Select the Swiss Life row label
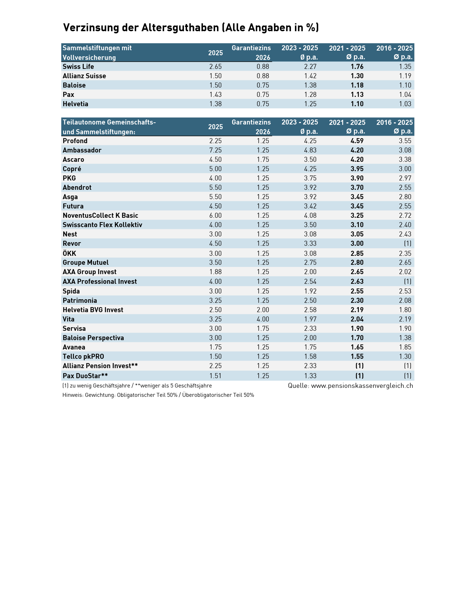click(x=78, y=66)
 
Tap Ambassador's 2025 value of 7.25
click(x=216, y=150)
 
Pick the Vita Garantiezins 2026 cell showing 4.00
click(x=263, y=319)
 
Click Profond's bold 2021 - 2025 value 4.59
click(x=357, y=141)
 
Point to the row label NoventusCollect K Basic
click(x=100, y=216)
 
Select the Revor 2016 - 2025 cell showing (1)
click(x=408, y=243)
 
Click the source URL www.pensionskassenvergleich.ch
click(x=362, y=385)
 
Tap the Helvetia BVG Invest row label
click(x=93, y=310)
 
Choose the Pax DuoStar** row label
click(x=85, y=376)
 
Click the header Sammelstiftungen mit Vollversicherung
click(x=97, y=53)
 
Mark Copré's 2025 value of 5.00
click(x=216, y=169)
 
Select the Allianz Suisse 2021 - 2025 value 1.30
click(x=357, y=76)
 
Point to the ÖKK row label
click(x=69, y=253)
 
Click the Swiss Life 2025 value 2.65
click(x=216, y=66)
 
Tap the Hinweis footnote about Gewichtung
click(x=158, y=395)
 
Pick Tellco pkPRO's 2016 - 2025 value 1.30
click(x=405, y=356)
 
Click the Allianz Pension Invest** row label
click(x=100, y=366)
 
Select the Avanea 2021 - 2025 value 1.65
click(x=357, y=347)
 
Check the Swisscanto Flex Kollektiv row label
click(x=102, y=225)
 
